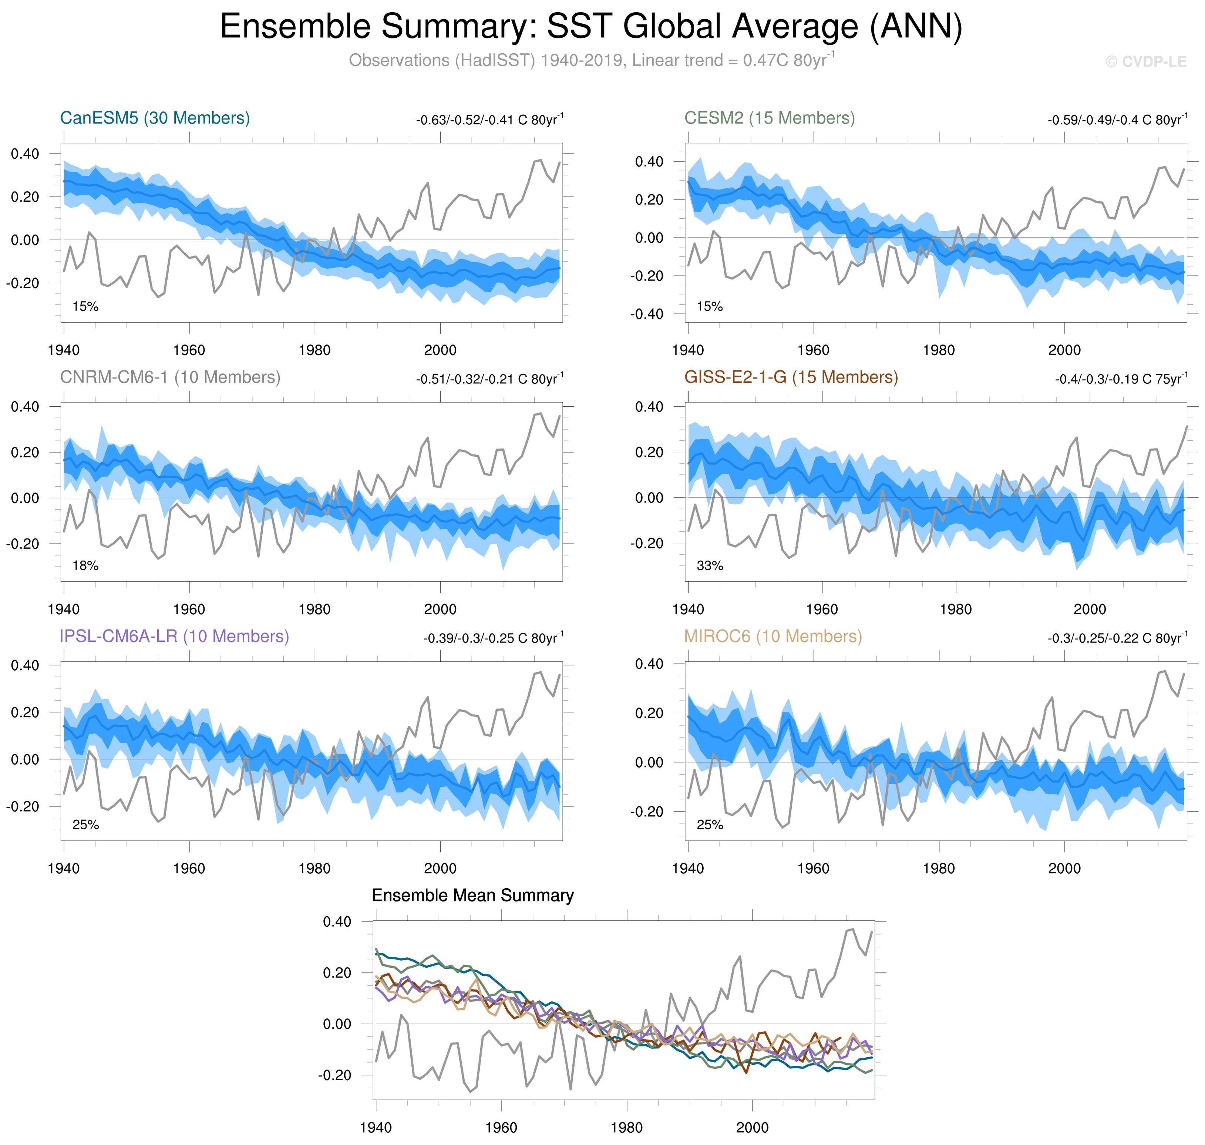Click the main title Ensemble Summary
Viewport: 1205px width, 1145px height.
point(590,27)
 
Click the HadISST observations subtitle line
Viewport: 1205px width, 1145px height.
point(590,60)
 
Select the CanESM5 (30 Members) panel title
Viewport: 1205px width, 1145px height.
point(155,118)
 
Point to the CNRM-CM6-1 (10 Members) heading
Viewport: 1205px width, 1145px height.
point(170,377)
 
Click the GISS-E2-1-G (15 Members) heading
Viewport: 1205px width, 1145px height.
point(791,377)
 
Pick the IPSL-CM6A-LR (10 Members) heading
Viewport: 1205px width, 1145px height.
point(174,636)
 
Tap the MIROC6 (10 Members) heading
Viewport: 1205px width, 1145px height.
point(773,636)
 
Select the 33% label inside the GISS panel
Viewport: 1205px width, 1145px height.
point(710,566)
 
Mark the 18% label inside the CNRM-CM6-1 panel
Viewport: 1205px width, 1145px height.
point(85,566)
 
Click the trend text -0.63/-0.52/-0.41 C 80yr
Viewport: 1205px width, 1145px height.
point(489,120)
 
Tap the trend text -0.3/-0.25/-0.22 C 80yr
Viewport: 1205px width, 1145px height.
point(1117,638)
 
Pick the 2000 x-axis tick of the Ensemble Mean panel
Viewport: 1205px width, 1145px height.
point(752,1127)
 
